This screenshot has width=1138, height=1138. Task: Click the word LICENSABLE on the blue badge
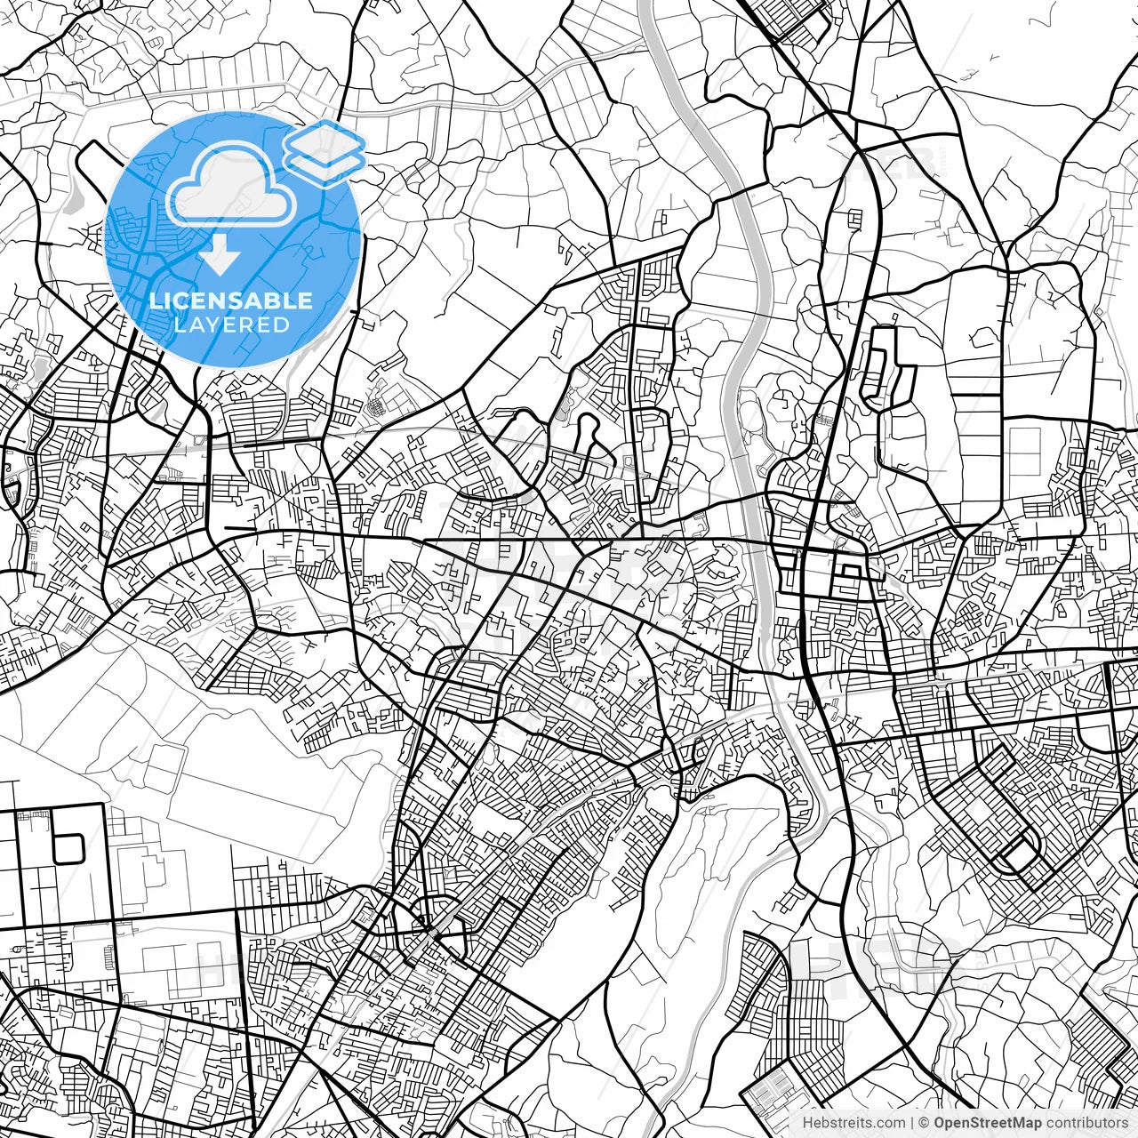pos(231,301)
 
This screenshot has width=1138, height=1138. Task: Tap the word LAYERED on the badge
pos(231,325)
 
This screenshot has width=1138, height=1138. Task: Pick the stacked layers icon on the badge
pos(325,152)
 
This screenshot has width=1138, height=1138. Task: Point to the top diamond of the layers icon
pos(325,141)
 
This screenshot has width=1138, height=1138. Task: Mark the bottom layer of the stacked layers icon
pos(325,166)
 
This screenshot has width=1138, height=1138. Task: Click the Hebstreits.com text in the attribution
pos(853,1123)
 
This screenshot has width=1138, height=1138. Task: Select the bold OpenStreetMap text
pos(987,1123)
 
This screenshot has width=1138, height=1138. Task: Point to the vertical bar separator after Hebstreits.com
pos(912,1123)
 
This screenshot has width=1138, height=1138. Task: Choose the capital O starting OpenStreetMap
pos(939,1123)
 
